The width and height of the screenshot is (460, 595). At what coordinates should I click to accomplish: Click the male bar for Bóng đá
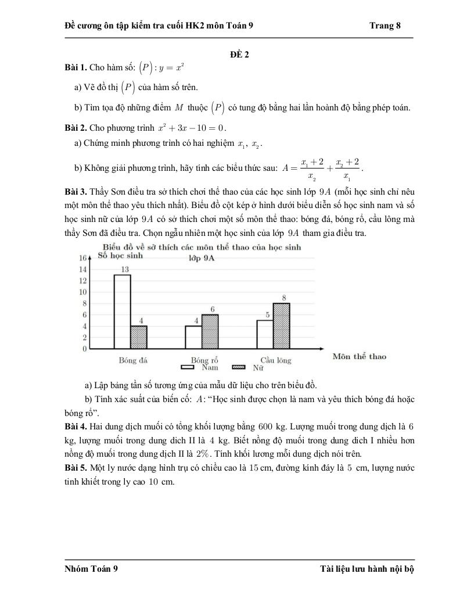pos(122,311)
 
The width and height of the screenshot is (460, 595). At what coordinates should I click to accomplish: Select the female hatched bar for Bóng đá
pos(138,337)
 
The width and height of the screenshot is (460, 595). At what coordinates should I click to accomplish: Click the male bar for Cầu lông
pos(265,334)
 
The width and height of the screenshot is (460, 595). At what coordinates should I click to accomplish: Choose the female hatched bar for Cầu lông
pos(281,325)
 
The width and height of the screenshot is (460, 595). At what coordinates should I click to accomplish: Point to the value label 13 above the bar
pos(124,269)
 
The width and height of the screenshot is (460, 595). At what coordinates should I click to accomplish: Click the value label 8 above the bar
pos(284,298)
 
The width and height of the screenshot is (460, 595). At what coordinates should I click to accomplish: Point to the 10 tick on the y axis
pos(83,292)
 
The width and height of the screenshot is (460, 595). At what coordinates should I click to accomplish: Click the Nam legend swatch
pos(188,367)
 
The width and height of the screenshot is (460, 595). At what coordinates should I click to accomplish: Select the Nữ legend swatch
pos(239,367)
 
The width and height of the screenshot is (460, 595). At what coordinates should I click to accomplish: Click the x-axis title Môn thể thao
pos(359,356)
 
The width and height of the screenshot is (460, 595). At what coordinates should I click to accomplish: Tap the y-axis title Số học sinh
pos(120,255)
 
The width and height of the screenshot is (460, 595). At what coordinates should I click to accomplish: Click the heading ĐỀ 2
pos(239,55)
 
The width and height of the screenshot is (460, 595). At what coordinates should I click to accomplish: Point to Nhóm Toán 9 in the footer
pos(91,569)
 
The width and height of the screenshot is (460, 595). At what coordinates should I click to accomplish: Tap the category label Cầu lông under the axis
pos(276,360)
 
